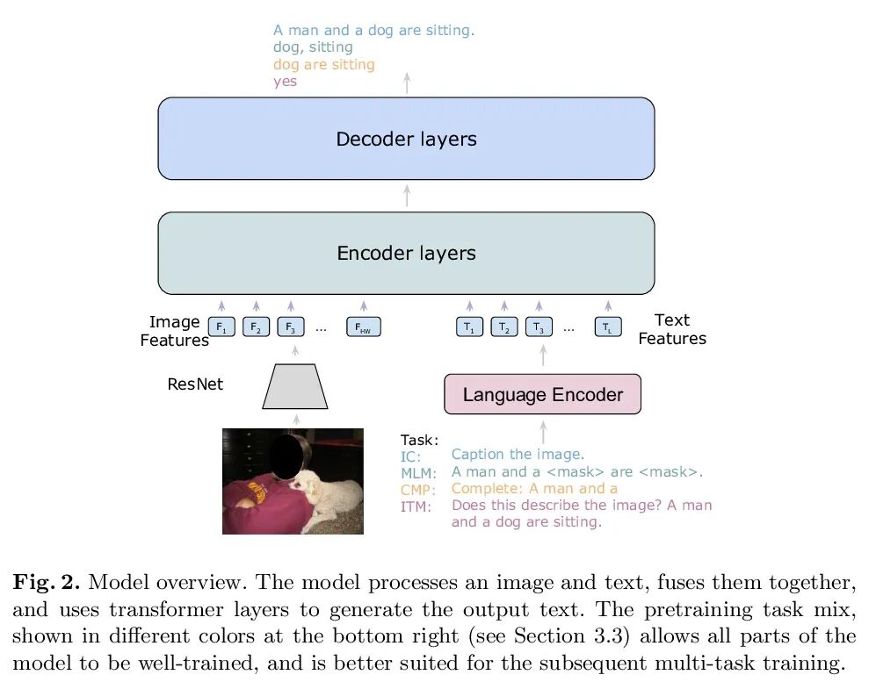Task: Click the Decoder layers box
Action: click(406, 139)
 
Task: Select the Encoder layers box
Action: click(406, 253)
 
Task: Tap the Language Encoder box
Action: click(542, 394)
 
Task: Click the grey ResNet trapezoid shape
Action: click(295, 387)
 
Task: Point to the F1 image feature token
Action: click(221, 328)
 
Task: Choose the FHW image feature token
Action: click(363, 328)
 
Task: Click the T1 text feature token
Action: click(469, 328)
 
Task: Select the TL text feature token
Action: click(607, 328)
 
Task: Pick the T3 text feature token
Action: click(539, 328)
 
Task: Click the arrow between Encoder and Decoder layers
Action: click(406, 196)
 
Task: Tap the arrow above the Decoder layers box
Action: click(406, 83)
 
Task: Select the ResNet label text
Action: click(195, 384)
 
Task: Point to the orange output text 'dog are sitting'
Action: click(323, 64)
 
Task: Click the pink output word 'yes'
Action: click(285, 81)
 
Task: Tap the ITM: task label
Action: click(416, 507)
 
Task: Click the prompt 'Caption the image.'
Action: click(518, 454)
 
